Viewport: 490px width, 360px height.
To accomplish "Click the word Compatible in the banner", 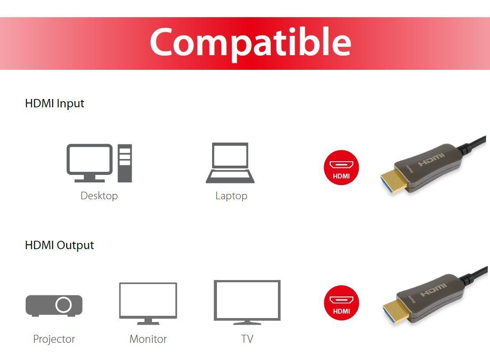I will [251, 42].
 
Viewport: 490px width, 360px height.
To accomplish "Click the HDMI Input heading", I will [55, 103].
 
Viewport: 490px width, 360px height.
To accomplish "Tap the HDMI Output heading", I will [60, 245].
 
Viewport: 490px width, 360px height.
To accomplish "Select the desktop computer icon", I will [99, 163].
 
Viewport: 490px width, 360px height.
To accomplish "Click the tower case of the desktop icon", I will [125, 163].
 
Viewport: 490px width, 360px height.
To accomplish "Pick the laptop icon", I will [230, 163].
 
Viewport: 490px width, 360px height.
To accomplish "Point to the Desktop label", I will [99, 196].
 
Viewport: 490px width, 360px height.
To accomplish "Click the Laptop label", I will [231, 196].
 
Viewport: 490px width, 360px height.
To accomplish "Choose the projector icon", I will [54, 305].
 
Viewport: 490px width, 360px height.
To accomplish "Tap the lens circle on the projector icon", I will [64, 305].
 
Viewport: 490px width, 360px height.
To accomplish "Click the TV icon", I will [247, 302].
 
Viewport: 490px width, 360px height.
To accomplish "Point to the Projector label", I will [54, 339].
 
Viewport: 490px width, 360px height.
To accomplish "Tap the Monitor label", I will [148, 339].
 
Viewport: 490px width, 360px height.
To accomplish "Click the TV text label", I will [247, 339].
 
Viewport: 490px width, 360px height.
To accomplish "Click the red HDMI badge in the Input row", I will [342, 168].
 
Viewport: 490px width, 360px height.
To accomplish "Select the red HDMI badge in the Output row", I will [342, 303].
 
